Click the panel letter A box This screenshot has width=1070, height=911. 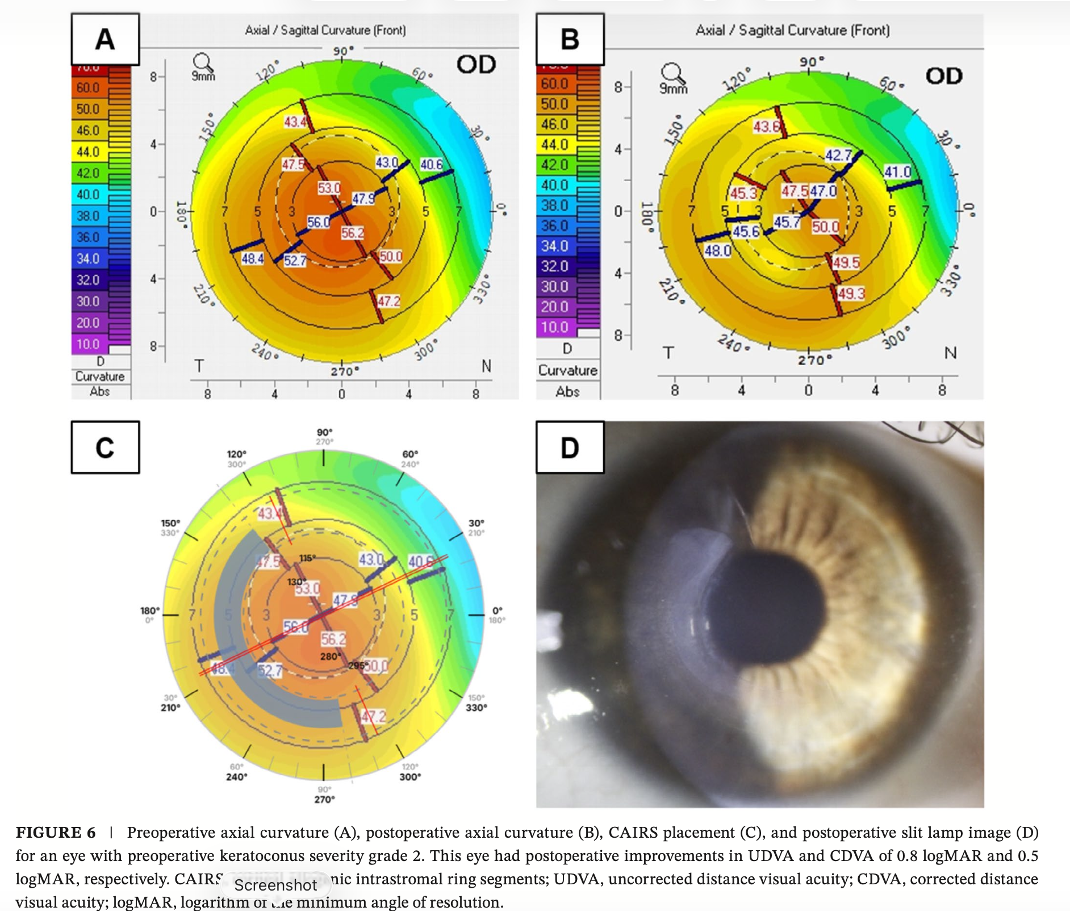tap(105, 39)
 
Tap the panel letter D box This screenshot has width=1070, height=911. tap(570, 448)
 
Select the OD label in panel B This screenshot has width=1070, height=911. tap(943, 76)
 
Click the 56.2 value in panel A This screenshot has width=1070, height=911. tap(353, 233)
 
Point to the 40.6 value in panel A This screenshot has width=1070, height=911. tap(431, 164)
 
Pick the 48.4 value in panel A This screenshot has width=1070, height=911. tap(252, 259)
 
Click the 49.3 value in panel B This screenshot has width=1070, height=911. tap(851, 294)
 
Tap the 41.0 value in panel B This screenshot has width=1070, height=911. tap(897, 172)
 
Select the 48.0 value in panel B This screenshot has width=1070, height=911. tap(717, 250)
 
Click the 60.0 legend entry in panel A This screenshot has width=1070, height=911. tap(88, 88)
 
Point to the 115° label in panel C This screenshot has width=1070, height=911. tap(307, 558)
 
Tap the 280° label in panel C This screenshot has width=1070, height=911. tap(331, 657)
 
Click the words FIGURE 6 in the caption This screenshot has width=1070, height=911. tap(56, 833)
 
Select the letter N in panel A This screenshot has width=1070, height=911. tap(486, 366)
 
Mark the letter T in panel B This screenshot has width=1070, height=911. tap(668, 353)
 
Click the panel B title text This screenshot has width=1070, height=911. tap(792, 30)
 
